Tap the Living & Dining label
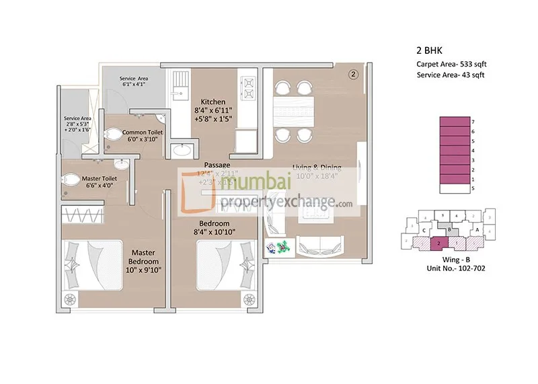pyautogui.click(x=317, y=167)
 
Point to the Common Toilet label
pyautogui.click(x=139, y=132)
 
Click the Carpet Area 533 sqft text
pyautogui.click(x=451, y=64)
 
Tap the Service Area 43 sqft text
pyautogui.click(x=451, y=75)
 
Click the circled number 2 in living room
pyautogui.click(x=353, y=74)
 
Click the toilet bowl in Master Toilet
pyautogui.click(x=70, y=180)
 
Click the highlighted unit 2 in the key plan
pyautogui.click(x=438, y=243)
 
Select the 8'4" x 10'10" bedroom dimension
pyautogui.click(x=215, y=232)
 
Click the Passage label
pyautogui.click(x=217, y=165)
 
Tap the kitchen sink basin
pyautogui.click(x=179, y=87)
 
